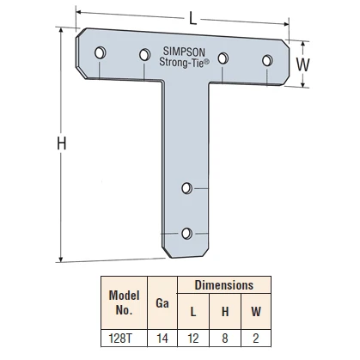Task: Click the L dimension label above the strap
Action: point(193,19)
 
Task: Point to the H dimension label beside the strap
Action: point(62,143)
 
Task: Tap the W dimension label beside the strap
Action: point(302,64)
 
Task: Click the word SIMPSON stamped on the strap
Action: point(184,52)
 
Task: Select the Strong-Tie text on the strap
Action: point(184,62)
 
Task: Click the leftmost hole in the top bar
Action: point(101,52)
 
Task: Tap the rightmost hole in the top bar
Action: point(267,60)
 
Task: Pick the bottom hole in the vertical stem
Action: point(187,233)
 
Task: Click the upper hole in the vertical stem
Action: point(187,188)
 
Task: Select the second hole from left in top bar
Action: point(145,54)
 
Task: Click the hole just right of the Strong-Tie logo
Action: point(223,58)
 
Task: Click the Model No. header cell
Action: point(124,302)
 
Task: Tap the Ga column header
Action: point(162,302)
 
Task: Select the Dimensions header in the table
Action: point(224,285)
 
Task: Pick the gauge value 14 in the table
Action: point(162,339)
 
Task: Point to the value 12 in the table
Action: point(193,339)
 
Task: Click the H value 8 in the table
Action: point(225,339)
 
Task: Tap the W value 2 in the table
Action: point(256,339)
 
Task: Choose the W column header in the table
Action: point(256,311)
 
